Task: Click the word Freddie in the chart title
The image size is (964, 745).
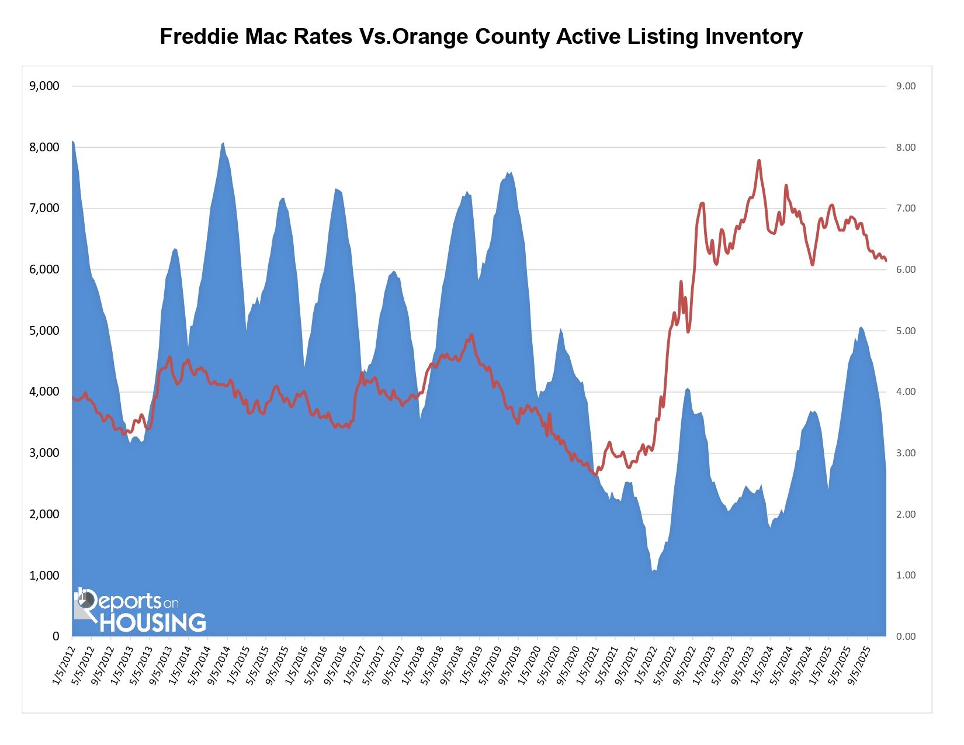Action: click(196, 37)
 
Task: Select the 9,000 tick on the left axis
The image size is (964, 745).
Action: click(44, 86)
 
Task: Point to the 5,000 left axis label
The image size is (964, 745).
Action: click(44, 331)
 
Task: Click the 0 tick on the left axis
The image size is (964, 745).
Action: click(56, 636)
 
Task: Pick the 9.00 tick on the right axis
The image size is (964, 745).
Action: click(906, 86)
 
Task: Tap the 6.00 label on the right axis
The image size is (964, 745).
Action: click(906, 270)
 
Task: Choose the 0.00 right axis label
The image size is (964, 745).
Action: click(906, 636)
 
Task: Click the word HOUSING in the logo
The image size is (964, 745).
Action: click(153, 623)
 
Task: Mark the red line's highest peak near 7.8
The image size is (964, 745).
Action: click(759, 160)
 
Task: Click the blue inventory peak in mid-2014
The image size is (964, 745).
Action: click(223, 143)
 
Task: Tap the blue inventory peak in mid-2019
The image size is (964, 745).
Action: click(509, 172)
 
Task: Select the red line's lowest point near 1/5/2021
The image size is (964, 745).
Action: click(596, 474)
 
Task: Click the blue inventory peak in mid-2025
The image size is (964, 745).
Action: click(861, 327)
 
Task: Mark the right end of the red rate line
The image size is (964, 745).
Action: click(886, 260)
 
